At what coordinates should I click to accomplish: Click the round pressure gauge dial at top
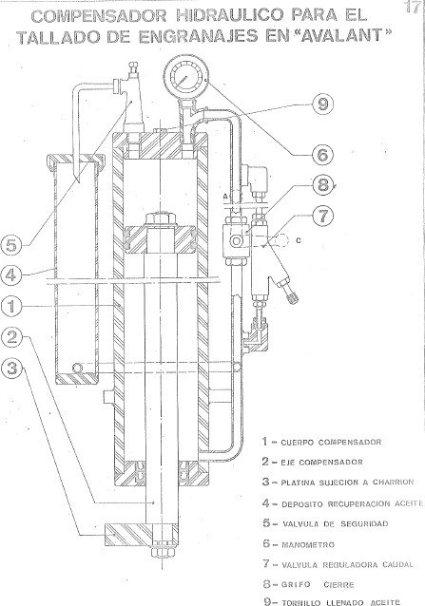(x=181, y=75)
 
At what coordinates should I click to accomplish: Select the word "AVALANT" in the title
(x=327, y=37)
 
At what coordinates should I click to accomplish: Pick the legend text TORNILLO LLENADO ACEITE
(x=347, y=600)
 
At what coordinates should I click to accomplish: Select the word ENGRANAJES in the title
(x=199, y=37)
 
